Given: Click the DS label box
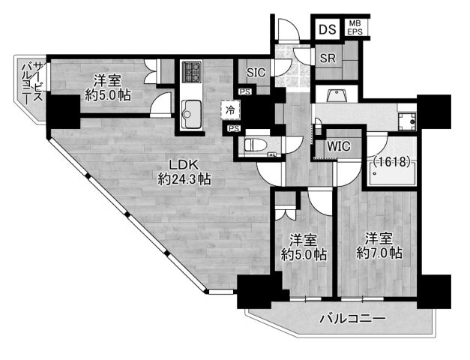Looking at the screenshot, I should click(327, 30).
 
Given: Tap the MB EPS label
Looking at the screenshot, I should click(355, 29).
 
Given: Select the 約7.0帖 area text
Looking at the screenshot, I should click(379, 253).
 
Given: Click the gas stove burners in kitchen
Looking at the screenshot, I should click(190, 73).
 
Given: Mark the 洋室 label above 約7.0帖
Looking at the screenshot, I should click(379, 238).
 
